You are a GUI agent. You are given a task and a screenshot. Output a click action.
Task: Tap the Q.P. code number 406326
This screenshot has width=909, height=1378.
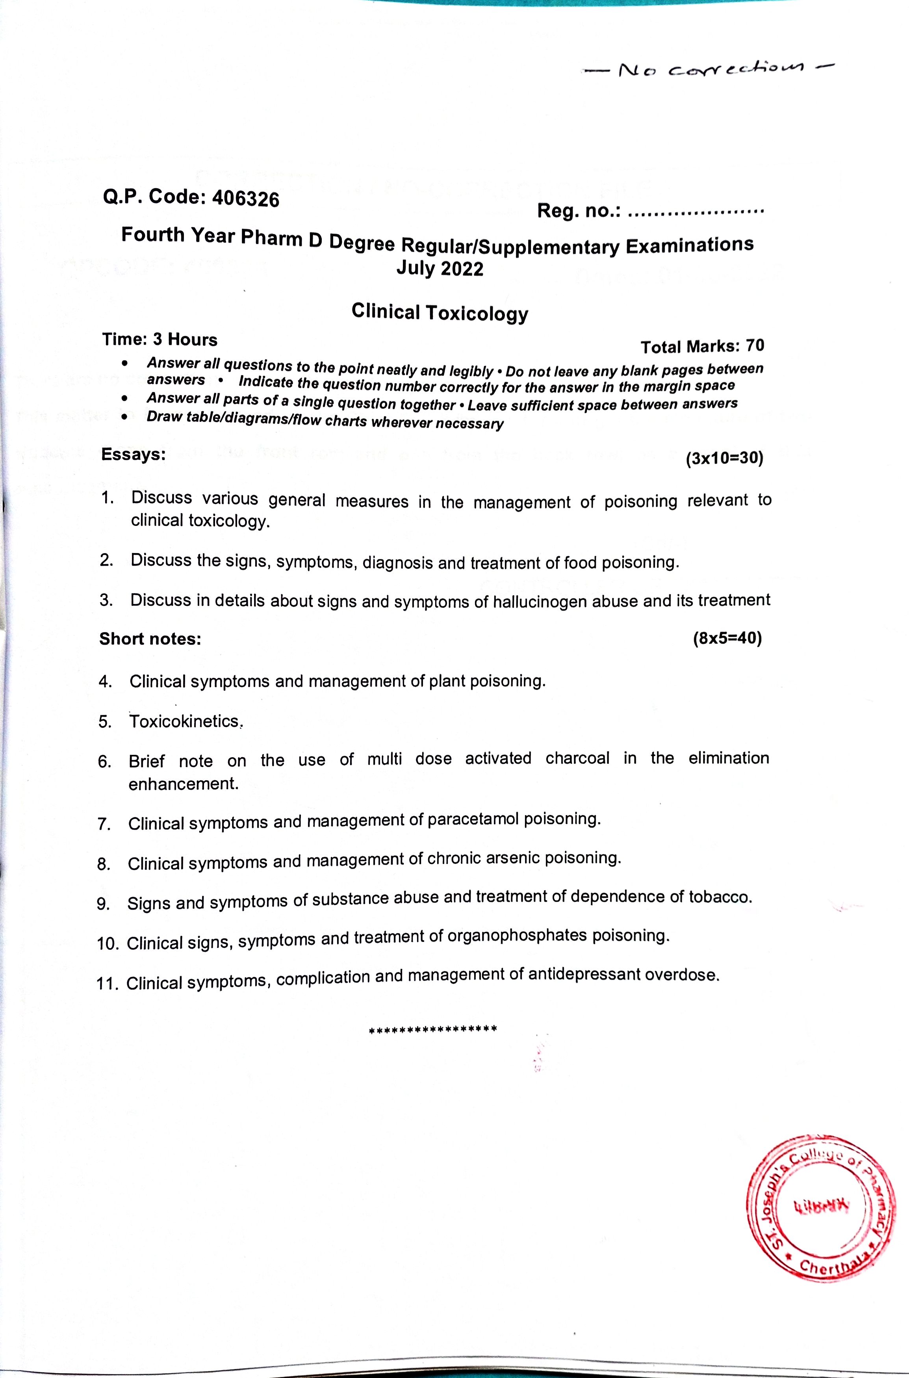tap(246, 199)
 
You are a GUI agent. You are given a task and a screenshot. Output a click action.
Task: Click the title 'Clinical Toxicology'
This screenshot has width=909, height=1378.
tap(440, 312)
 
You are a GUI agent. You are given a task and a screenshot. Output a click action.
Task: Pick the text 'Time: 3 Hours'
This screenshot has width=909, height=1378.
tap(160, 339)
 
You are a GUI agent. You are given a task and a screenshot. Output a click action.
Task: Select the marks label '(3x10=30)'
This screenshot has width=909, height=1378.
tap(724, 459)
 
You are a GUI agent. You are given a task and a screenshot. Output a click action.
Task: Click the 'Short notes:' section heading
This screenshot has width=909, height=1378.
tap(150, 639)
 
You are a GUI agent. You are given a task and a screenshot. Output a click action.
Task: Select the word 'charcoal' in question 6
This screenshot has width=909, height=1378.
tap(577, 758)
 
